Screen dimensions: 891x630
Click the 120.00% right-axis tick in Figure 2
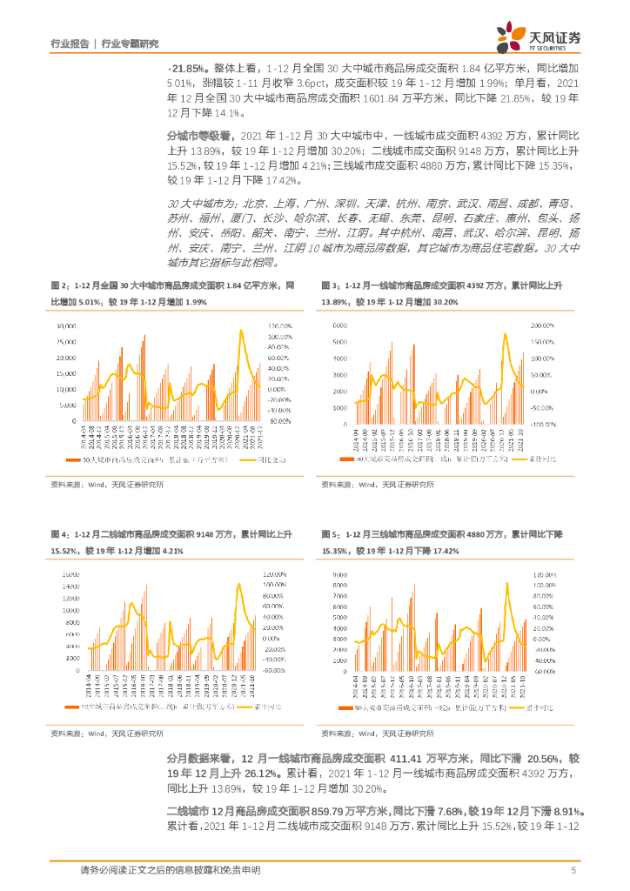(281, 325)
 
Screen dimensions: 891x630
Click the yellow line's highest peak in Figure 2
(241, 331)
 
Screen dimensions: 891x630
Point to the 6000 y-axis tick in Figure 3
(340, 325)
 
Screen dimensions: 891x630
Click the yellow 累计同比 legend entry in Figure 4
(261, 709)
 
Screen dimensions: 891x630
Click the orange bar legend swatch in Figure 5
(344, 709)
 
